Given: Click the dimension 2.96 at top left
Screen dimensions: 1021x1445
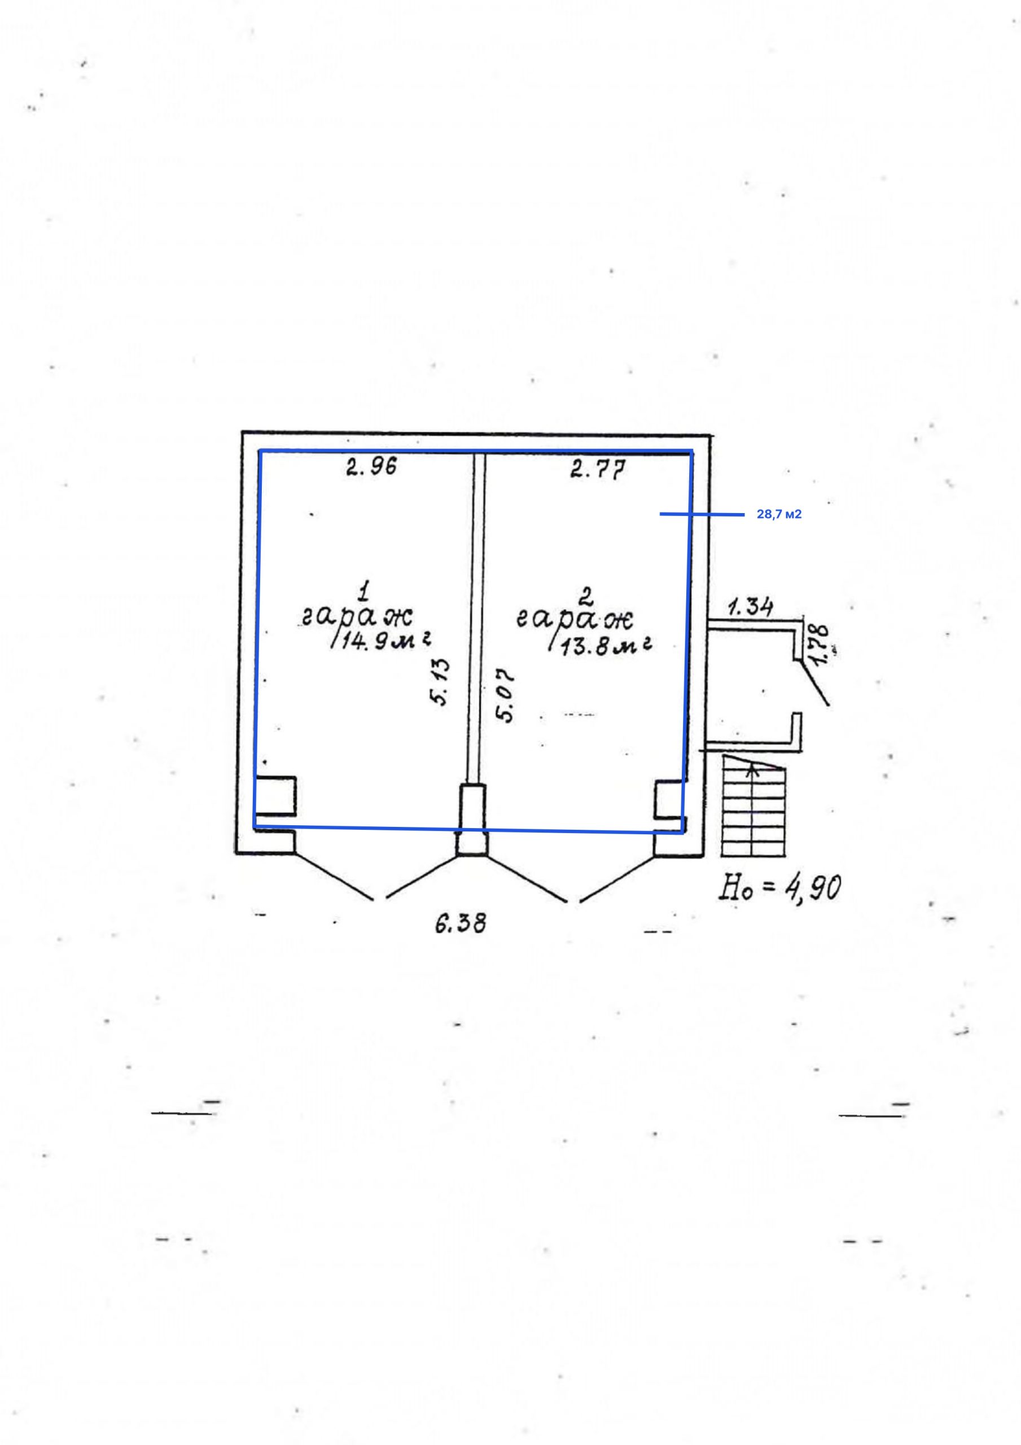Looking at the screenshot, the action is (371, 467).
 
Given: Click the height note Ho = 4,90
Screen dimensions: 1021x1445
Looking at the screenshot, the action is (779, 887).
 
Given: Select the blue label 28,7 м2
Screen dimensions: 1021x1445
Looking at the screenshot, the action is (779, 515).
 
